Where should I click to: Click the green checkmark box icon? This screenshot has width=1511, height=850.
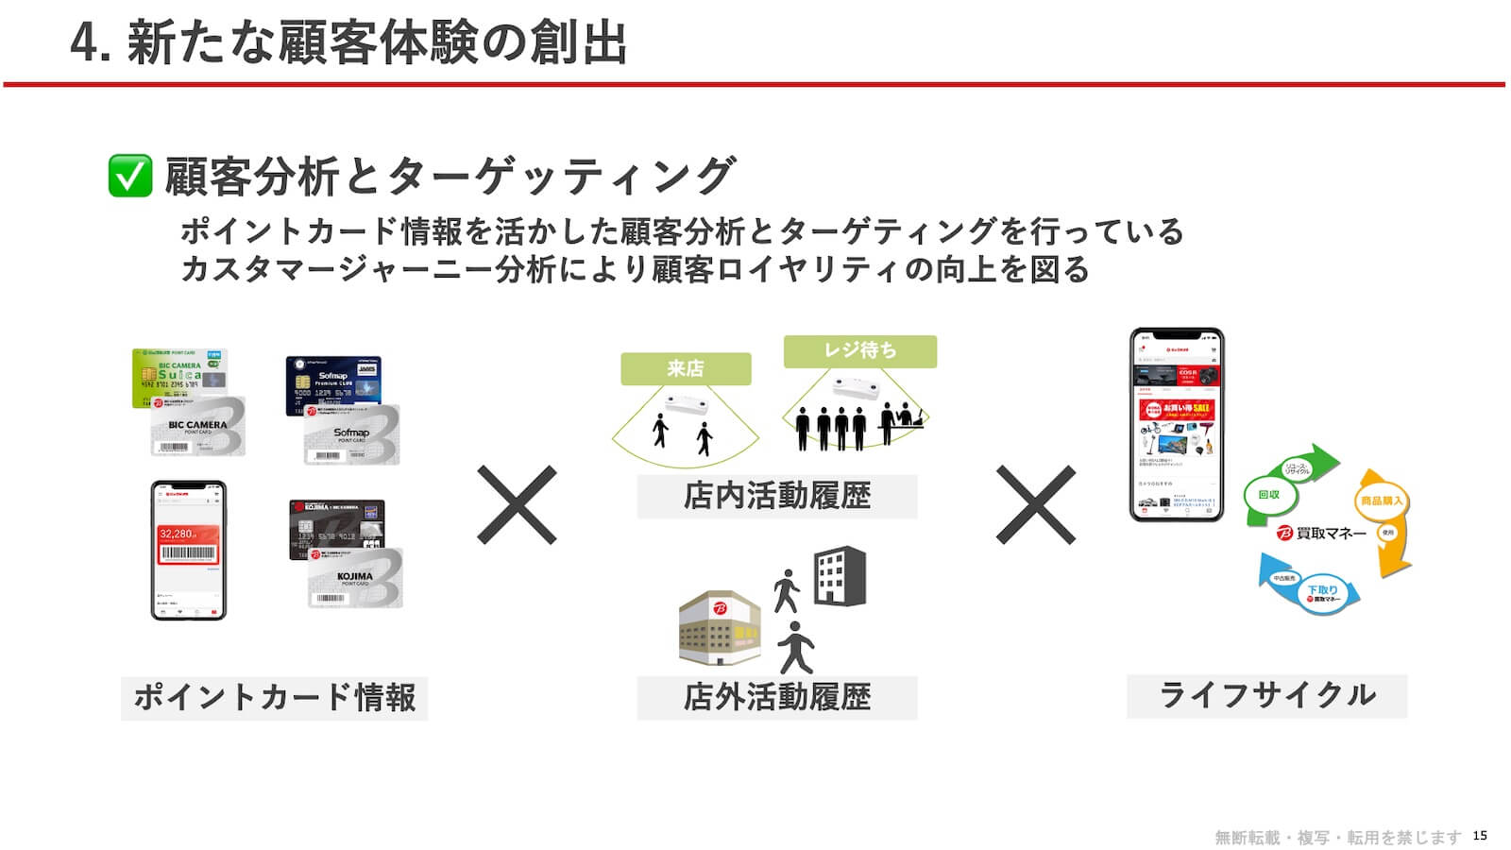click(x=130, y=177)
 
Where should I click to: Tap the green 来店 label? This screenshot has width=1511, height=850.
click(x=686, y=368)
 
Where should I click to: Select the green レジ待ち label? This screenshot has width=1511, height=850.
click(x=859, y=350)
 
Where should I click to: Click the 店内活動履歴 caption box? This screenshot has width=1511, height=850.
click(x=776, y=496)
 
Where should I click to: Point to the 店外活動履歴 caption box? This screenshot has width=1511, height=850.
click(x=776, y=697)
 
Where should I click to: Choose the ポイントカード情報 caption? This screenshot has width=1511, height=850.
click(x=274, y=698)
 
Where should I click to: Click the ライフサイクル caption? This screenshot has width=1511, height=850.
click(x=1266, y=695)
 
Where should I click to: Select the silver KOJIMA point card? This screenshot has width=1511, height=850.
click(x=355, y=578)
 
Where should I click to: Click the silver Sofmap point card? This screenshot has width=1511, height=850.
click(x=351, y=435)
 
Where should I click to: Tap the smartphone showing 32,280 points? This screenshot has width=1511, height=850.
click(x=189, y=550)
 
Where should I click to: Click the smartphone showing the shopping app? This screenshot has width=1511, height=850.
click(x=1177, y=424)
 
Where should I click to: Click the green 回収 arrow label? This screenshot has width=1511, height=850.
click(x=1268, y=495)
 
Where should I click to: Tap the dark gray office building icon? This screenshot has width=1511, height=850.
click(x=840, y=575)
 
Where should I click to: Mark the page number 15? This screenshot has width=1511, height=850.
click(x=1480, y=835)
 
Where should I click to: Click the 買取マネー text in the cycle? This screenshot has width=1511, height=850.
click(x=1331, y=534)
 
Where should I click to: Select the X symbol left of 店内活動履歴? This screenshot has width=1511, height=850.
click(x=517, y=504)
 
